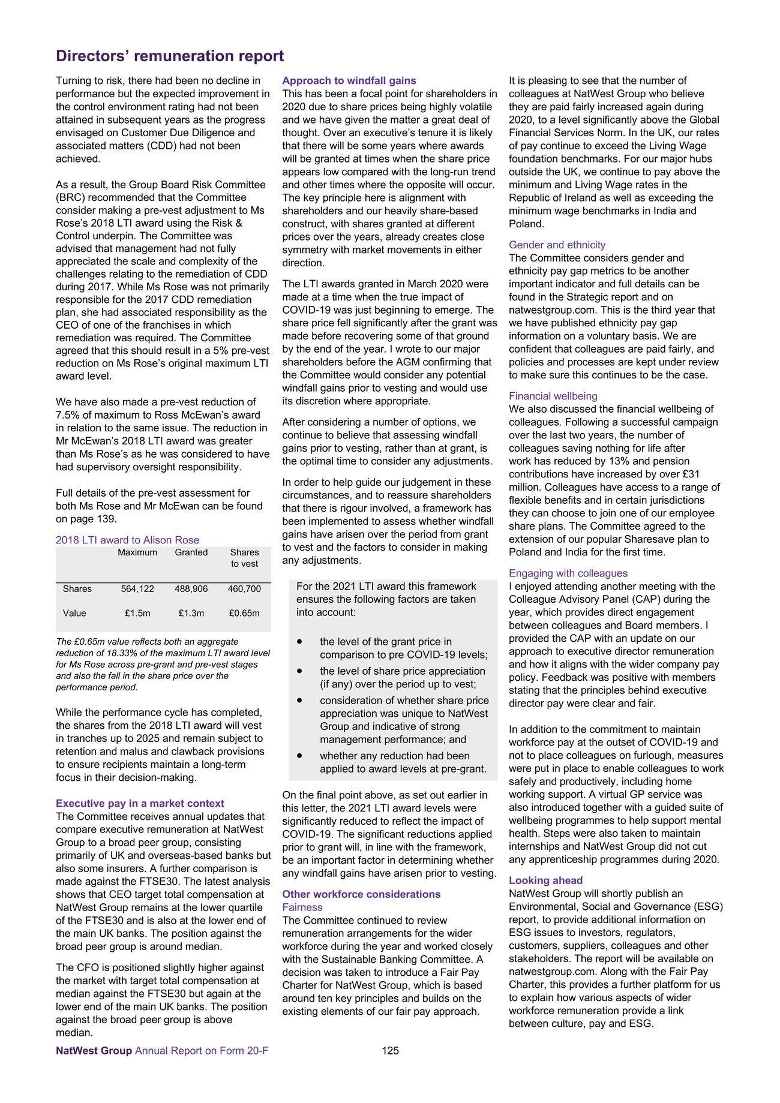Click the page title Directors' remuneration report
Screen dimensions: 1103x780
point(170,56)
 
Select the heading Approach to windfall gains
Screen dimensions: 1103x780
point(349,80)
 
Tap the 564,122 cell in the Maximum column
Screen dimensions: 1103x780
point(137,589)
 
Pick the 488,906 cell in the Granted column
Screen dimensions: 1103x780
point(191,589)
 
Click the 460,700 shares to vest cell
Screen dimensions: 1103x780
point(244,589)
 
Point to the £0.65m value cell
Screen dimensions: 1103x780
point(244,613)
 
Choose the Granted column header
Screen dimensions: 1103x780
point(191,552)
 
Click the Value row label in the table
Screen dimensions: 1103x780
point(74,613)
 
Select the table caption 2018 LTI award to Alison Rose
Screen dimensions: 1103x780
point(127,540)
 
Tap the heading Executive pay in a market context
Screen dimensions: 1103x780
point(140,803)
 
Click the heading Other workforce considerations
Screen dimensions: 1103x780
point(361,894)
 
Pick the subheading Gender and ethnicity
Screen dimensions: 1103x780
point(557,245)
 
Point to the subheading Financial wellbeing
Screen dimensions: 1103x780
point(553,396)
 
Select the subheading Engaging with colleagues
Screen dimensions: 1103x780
point(568,573)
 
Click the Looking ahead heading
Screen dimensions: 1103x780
point(545,880)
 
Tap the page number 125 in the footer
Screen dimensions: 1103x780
point(390,1050)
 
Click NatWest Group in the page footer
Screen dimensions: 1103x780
point(94,1050)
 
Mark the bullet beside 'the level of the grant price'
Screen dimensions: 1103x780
point(299,642)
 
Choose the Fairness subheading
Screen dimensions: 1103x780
point(302,907)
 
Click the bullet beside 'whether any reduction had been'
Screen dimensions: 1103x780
point(299,756)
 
